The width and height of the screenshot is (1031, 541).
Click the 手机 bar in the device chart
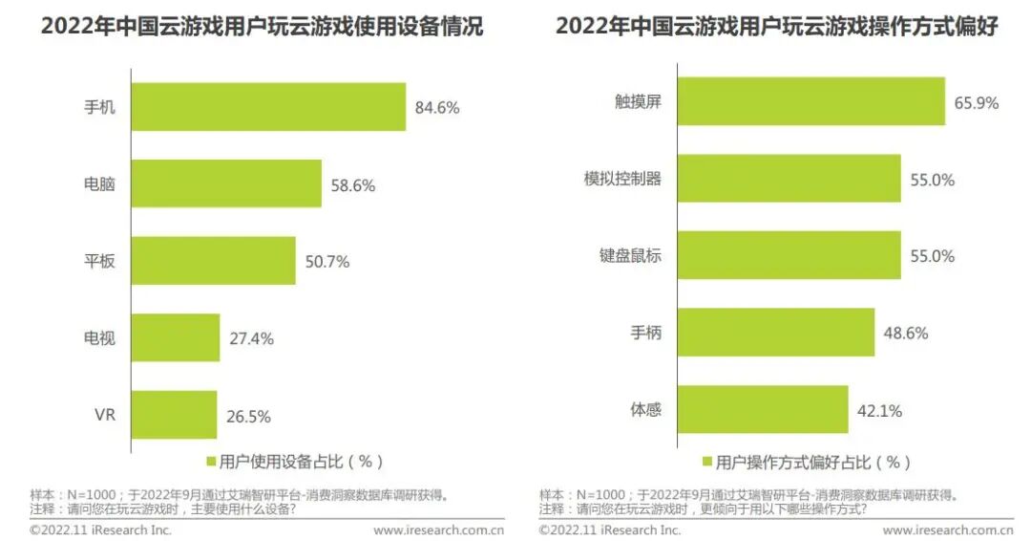pos(268,107)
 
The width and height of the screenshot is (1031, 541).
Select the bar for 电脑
pos(226,184)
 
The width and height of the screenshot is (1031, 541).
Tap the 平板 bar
pos(213,261)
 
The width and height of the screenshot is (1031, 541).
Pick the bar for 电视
pos(176,337)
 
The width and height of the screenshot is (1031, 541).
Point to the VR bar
pos(175,415)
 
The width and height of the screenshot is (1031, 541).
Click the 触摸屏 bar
pos(811,101)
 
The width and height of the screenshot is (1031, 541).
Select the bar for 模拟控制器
pos(789,179)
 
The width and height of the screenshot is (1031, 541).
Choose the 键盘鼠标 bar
pos(789,254)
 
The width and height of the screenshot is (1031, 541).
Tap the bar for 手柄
pos(776,333)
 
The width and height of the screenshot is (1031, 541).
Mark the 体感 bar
pos(763,409)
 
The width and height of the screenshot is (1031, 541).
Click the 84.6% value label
pos(437,107)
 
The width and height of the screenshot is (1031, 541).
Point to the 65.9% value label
pos(977,102)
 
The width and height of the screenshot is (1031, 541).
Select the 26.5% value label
pos(248,417)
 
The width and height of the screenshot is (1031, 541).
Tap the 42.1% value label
pos(880,411)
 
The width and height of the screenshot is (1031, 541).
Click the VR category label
pos(105,415)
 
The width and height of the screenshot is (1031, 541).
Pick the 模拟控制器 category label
pos(622,179)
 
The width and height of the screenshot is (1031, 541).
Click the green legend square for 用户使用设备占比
pos(211,462)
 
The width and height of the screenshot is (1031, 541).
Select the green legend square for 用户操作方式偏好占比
pos(707,462)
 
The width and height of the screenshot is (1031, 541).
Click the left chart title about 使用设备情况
pos(263,27)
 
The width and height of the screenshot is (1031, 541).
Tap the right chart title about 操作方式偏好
pos(777,27)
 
